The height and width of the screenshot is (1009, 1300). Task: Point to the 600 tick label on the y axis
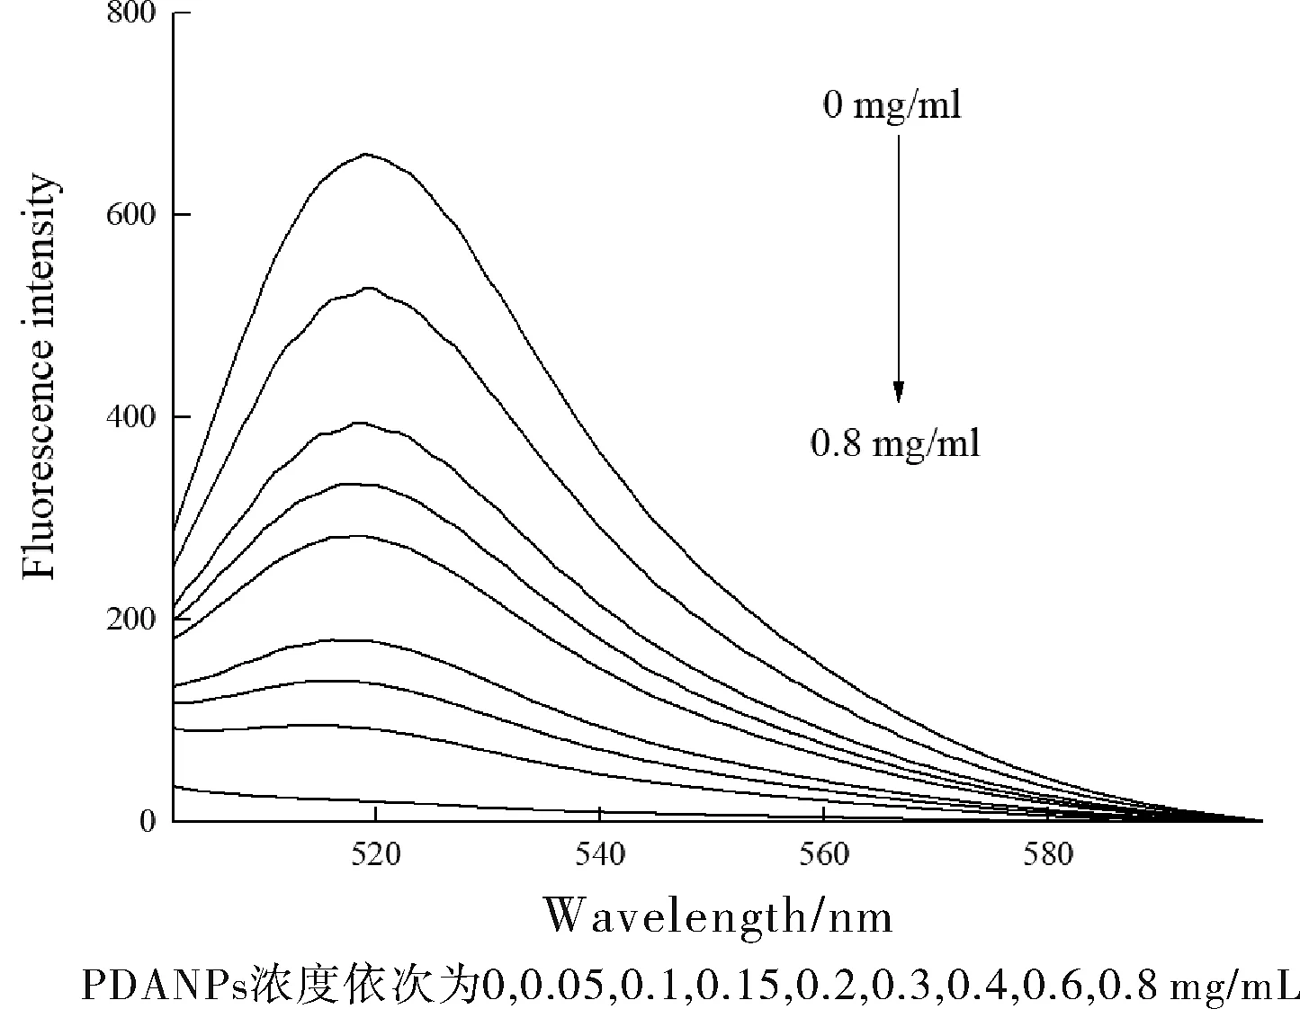tap(132, 215)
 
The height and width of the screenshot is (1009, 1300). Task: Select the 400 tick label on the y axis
tap(132, 417)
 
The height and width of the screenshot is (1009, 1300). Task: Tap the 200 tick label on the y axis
tap(132, 620)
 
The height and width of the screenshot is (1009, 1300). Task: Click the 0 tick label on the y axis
tap(148, 821)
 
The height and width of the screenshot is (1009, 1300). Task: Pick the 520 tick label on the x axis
tap(375, 854)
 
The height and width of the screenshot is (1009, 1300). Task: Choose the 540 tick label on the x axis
tap(599, 854)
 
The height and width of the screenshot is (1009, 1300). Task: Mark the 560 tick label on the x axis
tap(823, 854)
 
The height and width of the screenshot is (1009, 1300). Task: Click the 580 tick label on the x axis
tap(1048, 854)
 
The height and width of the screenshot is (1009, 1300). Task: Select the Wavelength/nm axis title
tap(718, 917)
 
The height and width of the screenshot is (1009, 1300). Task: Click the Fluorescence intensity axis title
tap(41, 378)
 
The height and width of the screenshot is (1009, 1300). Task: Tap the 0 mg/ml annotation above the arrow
tap(892, 106)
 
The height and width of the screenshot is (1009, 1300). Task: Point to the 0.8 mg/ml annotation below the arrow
tap(895, 443)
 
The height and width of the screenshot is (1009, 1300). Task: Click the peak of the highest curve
tap(366, 154)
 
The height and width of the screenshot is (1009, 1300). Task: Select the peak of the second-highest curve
tap(369, 288)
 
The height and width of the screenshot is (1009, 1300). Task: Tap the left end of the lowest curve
tap(175, 787)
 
